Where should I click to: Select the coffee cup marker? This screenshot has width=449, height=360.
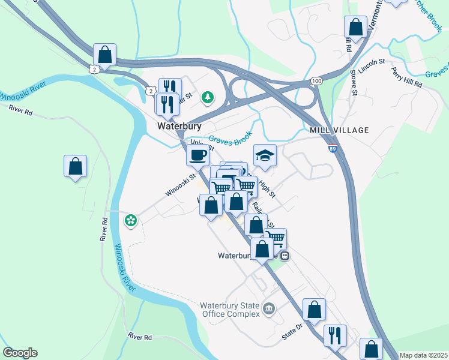197,155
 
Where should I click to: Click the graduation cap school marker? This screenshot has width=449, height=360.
265,156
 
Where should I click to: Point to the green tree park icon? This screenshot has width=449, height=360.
208,96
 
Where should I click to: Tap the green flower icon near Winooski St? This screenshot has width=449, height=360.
130,221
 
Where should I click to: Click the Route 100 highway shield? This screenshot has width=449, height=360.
316,80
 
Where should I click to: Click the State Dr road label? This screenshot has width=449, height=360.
295,332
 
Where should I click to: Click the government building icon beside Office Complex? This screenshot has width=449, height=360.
268,310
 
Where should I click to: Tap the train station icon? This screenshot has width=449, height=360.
286,255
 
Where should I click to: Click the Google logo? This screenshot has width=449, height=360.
20,353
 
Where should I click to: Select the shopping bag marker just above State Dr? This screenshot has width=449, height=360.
314,310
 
